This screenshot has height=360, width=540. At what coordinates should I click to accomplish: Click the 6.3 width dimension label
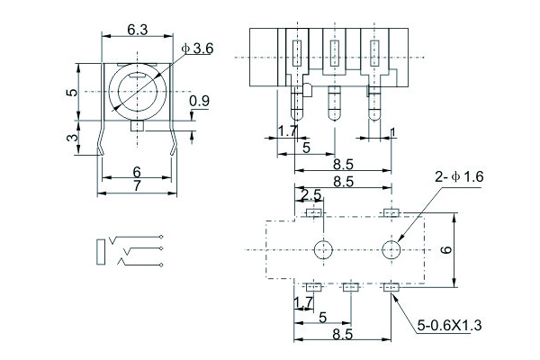pos(137,30)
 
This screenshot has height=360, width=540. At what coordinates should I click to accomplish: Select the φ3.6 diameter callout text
pos(196,49)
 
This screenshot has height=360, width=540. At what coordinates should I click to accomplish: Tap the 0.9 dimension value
pos(200,102)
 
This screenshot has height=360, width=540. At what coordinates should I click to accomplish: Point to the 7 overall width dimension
pos(137,185)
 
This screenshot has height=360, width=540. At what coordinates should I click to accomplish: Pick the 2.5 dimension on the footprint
pos(310,194)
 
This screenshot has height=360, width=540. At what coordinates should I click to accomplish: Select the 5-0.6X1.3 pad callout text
pos(450,326)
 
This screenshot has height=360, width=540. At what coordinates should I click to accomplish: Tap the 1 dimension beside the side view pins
pos(393,132)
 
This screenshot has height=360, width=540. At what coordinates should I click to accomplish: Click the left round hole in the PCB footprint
pos(322,249)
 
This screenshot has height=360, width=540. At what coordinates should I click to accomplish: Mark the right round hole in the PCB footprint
pos(391,249)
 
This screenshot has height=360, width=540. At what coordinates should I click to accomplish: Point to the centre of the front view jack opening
pos(136,91)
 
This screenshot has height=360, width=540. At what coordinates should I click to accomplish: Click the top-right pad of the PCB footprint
pos(391,213)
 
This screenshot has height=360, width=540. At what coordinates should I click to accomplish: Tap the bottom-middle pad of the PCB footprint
pos(350,286)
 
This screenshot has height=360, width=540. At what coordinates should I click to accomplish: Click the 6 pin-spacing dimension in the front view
pos(137,171)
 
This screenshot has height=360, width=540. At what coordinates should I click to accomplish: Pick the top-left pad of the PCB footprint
pos(314,213)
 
